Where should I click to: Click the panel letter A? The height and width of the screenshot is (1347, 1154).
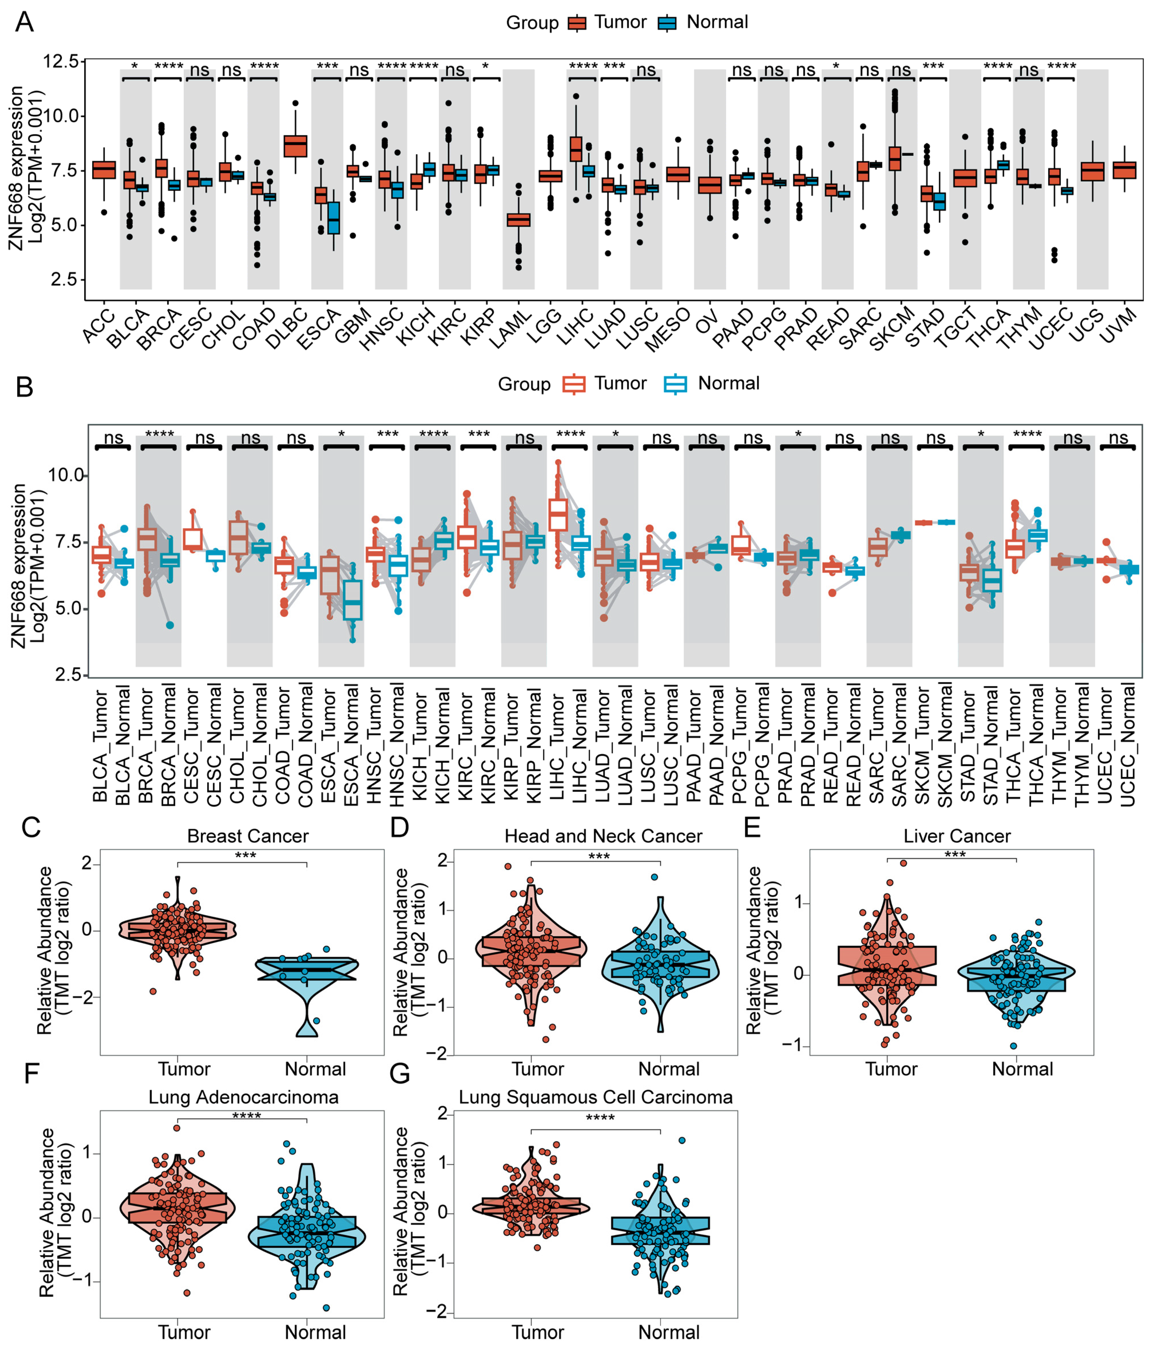click(24, 22)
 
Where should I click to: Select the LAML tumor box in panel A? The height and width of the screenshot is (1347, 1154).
click(518, 220)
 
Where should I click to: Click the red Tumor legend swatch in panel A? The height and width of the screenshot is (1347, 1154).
click(577, 23)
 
